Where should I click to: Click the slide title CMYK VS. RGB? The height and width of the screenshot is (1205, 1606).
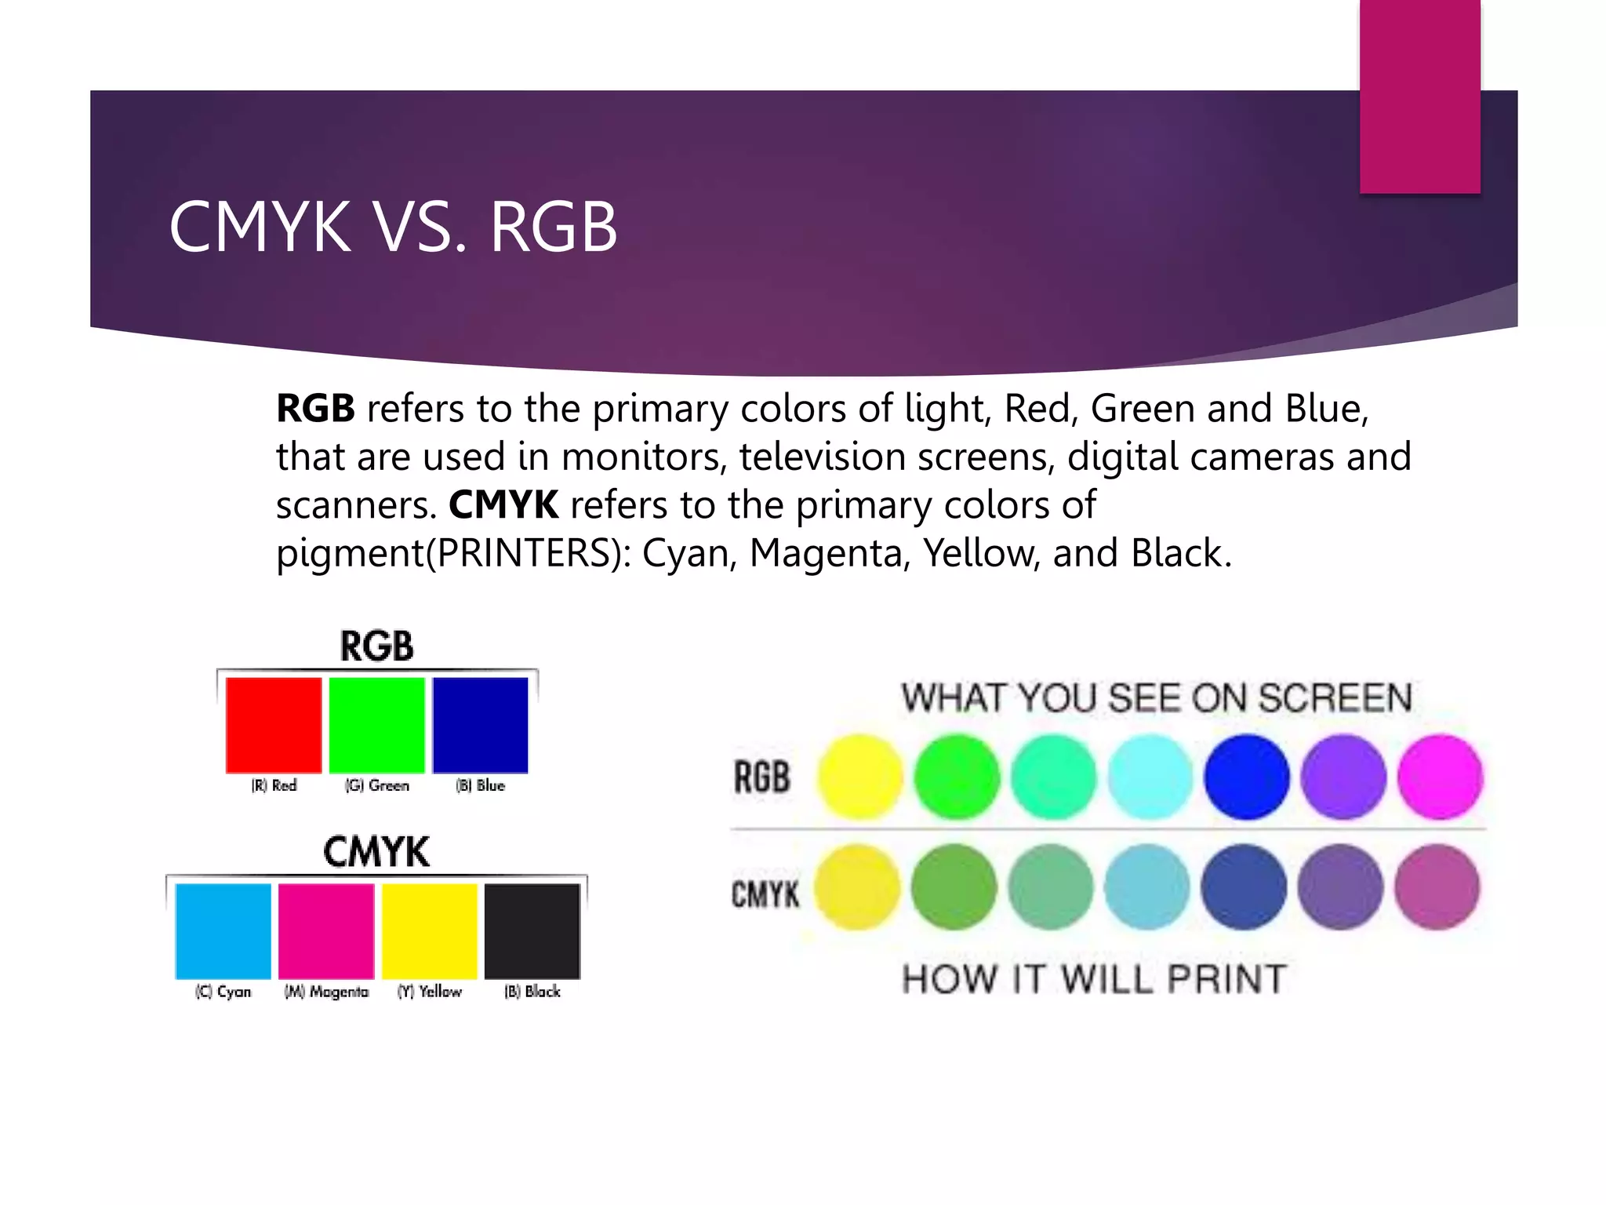click(393, 228)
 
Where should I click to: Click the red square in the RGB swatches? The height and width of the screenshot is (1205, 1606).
click(274, 725)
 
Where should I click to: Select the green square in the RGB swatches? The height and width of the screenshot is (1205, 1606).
click(377, 725)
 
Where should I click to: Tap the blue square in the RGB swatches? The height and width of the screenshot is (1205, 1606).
click(480, 725)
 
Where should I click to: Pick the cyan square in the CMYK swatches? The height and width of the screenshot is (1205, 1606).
click(223, 931)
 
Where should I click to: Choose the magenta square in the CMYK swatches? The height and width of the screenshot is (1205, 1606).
click(326, 931)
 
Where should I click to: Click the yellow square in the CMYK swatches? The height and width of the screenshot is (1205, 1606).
click(430, 931)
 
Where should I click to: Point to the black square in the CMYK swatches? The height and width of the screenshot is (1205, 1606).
click(532, 931)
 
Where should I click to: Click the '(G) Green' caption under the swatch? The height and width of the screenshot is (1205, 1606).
click(377, 785)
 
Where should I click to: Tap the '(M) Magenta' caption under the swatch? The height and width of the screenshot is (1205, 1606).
click(326, 992)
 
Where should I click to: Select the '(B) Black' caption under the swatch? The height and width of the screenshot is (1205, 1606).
click(532, 992)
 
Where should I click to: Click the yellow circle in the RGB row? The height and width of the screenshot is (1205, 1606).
click(860, 777)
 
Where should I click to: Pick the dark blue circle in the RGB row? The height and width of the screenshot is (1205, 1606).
click(1247, 777)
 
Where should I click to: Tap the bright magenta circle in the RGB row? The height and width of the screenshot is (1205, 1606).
click(1440, 777)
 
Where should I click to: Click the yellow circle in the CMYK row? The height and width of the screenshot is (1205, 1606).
click(857, 887)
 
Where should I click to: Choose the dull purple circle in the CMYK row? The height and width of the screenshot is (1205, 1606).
click(1340, 887)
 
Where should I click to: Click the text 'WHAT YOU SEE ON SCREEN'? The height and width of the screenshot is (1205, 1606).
click(1157, 698)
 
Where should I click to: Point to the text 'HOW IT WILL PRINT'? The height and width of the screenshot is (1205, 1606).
click(1094, 979)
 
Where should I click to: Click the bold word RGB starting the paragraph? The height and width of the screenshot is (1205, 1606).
click(315, 409)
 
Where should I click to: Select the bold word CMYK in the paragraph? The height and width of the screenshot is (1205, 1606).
click(503, 505)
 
